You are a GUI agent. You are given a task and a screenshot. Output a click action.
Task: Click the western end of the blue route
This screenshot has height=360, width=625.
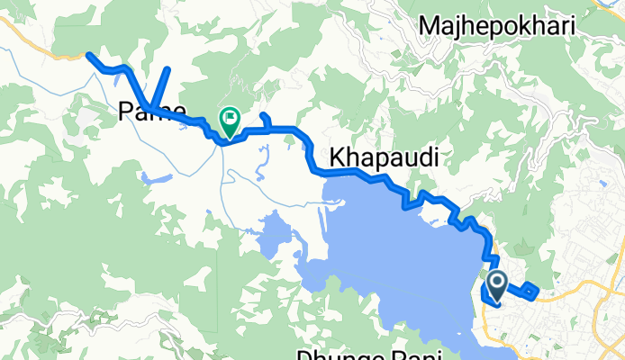pyautogui.click(x=89, y=55)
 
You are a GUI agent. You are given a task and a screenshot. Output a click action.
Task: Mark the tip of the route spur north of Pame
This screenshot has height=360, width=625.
pyautogui.click(x=168, y=69)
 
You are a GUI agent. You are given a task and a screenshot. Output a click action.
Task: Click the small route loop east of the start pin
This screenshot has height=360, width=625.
pyautogui.click(x=530, y=290)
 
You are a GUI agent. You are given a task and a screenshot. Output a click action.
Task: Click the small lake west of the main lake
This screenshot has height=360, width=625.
pyautogui.click(x=273, y=236)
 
